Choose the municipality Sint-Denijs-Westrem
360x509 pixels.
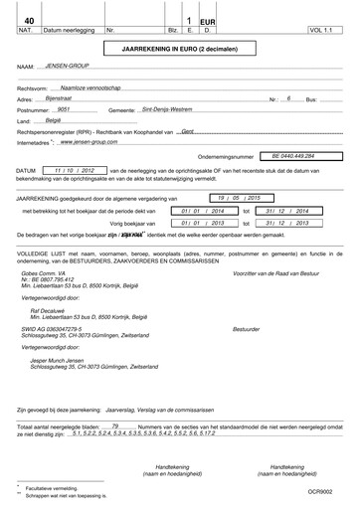pos(170,110)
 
